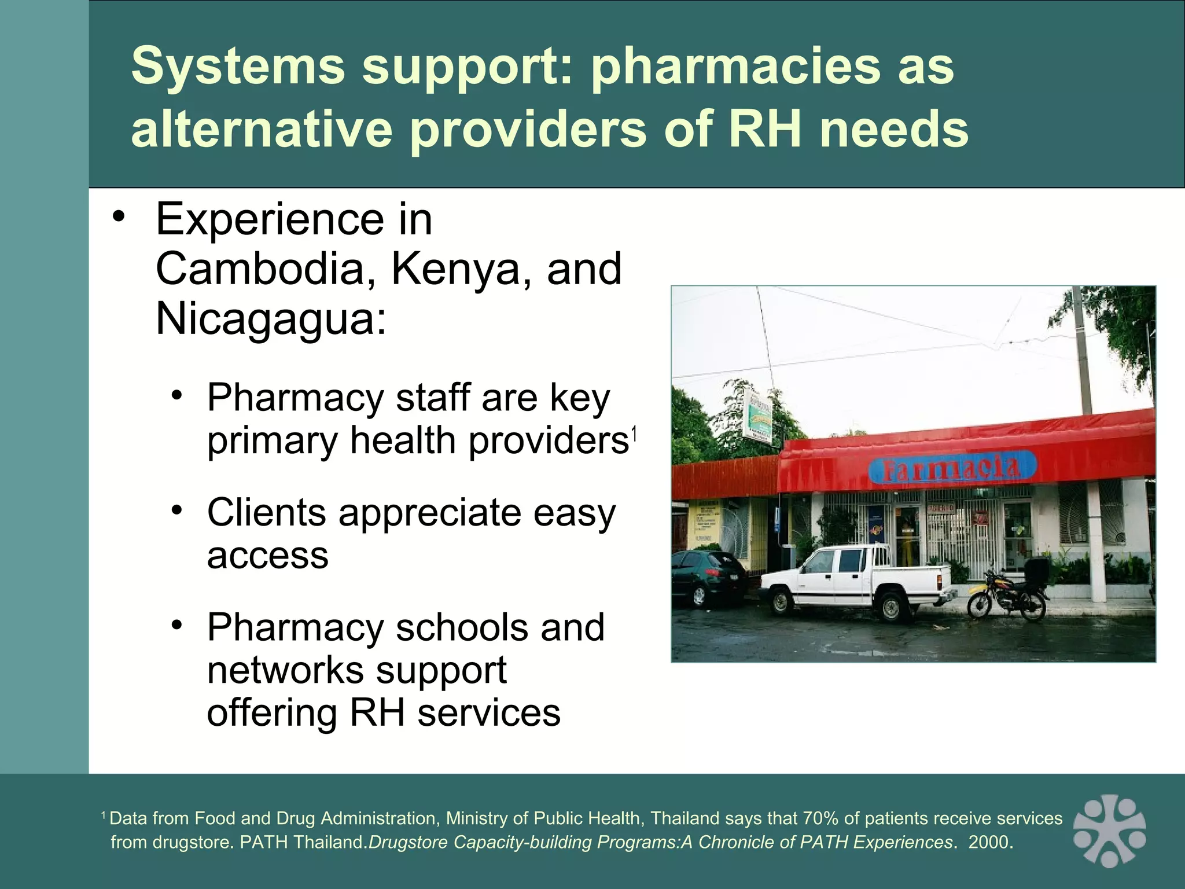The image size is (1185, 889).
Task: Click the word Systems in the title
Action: coord(237,67)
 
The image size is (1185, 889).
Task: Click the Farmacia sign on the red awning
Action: coord(951,469)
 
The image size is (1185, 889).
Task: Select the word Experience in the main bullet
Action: coord(270,219)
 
